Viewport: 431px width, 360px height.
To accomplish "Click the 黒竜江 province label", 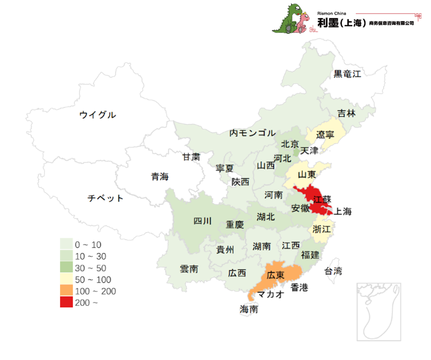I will tap(347, 74).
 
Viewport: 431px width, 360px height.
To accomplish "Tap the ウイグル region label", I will tap(97, 115).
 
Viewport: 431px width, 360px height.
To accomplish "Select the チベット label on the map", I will tap(106, 198).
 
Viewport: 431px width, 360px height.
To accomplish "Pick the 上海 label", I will tap(343, 211).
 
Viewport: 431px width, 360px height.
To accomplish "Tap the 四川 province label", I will tap(202, 221).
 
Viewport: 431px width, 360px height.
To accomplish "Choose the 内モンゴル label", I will tap(252, 133).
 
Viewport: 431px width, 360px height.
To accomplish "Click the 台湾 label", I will tap(333, 271).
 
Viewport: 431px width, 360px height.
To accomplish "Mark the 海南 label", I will tap(249, 309).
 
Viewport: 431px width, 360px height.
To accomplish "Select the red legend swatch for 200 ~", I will tap(67, 302).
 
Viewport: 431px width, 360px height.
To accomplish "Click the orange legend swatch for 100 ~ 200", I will tap(67, 291).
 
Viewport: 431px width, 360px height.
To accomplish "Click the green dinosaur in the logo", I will tap(287, 19).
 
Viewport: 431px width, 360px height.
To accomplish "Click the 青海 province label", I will tap(159, 177).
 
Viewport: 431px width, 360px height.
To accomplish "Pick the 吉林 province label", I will tap(346, 114).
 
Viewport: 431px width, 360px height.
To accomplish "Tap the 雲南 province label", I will tap(189, 269).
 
